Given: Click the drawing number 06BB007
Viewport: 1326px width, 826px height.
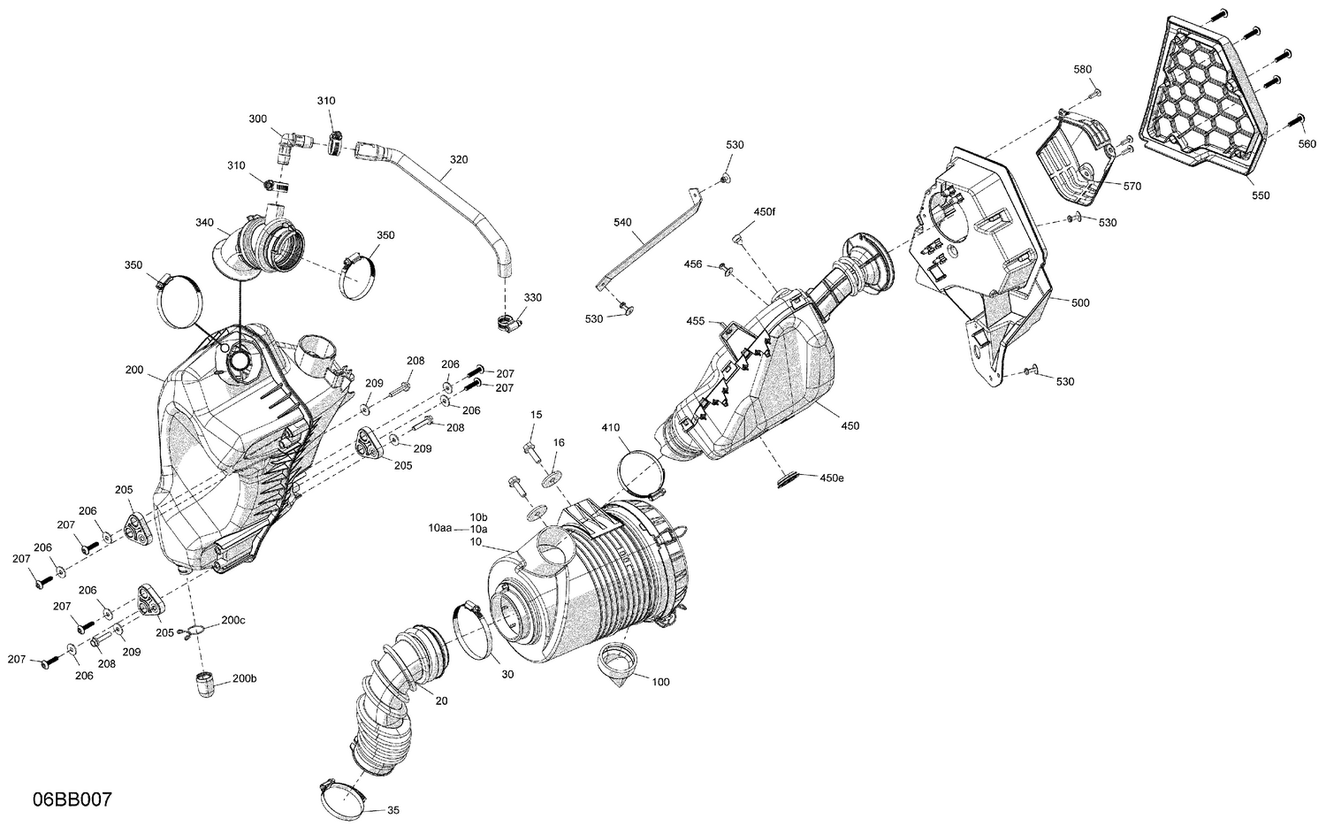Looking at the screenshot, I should point(72,799).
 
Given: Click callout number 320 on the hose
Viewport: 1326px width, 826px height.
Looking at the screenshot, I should point(458,160).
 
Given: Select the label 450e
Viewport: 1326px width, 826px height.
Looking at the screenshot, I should point(832,478).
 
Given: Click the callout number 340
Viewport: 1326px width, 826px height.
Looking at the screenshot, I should point(204,222).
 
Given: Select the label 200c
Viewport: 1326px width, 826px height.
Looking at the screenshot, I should point(232,621).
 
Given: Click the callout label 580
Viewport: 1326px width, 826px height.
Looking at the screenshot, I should point(1082,69).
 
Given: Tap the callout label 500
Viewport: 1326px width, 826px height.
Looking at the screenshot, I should point(1079,302).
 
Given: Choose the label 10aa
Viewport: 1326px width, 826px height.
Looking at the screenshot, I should point(439,527).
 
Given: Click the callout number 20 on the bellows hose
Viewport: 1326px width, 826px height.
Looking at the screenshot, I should point(441,700).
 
